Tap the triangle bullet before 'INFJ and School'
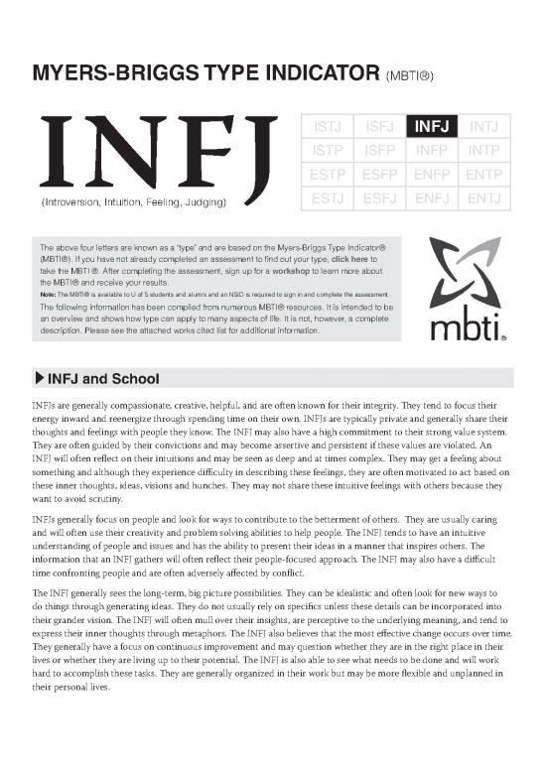coord(39,378)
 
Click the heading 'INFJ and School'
coord(97,378)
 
